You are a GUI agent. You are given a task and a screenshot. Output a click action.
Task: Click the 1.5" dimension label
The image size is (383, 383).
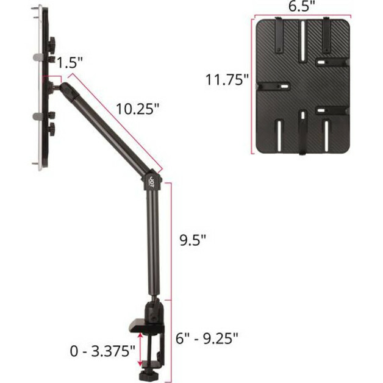[x=70, y=63]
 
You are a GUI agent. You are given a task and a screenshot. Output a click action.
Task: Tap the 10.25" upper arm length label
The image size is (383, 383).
[x=138, y=109]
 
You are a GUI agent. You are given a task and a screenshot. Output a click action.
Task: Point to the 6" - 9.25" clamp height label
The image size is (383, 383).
[x=207, y=338]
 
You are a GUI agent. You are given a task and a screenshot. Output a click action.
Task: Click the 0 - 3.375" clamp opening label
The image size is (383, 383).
[x=102, y=351]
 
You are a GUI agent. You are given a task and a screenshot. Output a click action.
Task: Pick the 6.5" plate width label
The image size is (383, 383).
[x=302, y=6]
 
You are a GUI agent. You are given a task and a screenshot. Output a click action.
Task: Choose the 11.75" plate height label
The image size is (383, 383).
[x=227, y=80]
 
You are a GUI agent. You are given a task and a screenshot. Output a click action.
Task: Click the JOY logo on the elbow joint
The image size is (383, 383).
[x=152, y=182]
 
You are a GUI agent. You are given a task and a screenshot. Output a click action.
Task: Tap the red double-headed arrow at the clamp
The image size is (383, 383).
[x=140, y=349]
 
